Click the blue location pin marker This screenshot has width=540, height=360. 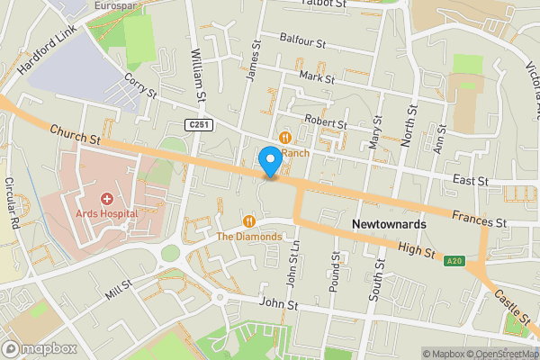click(269, 162)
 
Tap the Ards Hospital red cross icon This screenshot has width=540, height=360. click(106, 198)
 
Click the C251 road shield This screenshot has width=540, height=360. click(200, 124)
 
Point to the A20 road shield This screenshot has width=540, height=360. click(455, 261)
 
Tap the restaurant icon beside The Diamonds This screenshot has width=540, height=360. click(249, 220)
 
